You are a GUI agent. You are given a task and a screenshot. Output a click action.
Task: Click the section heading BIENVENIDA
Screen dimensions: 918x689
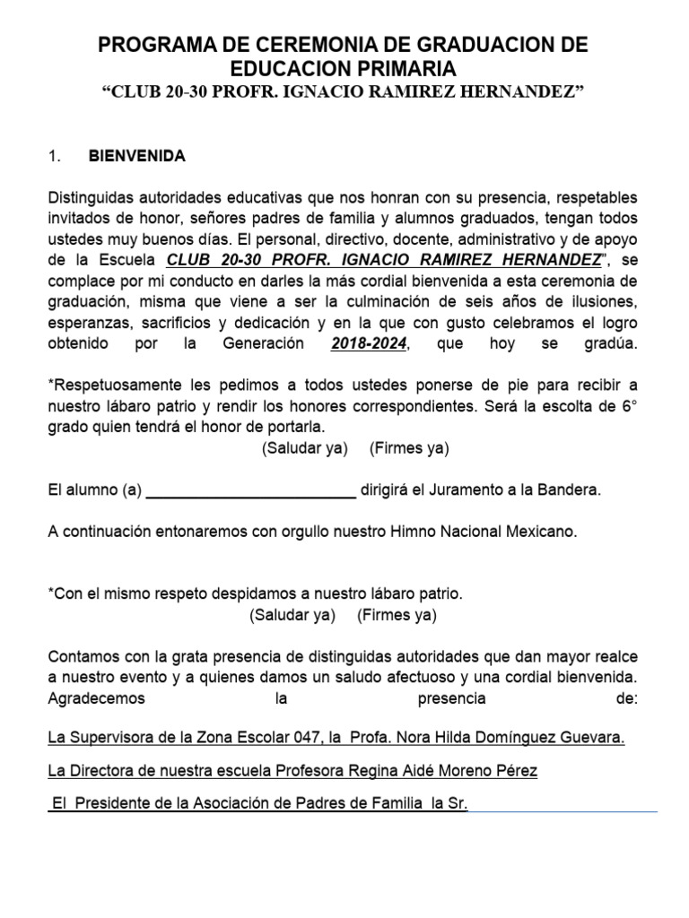tap(136, 156)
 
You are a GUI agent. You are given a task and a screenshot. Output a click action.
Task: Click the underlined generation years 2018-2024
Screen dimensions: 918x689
tap(368, 344)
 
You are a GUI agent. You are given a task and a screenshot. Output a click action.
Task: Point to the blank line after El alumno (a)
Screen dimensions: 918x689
tap(250, 490)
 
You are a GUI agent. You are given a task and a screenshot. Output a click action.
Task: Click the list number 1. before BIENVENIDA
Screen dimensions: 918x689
tap(54, 156)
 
